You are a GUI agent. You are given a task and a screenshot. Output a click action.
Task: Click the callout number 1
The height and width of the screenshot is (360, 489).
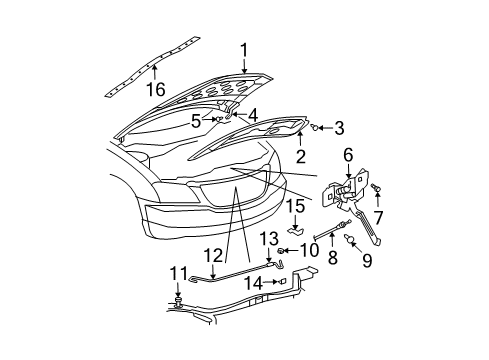point(242,49)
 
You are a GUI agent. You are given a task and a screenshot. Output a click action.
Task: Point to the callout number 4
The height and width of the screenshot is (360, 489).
point(253,115)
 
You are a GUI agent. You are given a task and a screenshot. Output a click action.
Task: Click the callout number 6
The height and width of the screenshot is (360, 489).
point(348,154)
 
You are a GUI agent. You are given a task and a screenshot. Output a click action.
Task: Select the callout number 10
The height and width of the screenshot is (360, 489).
point(309,250)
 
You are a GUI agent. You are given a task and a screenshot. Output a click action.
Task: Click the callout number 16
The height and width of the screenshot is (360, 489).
point(154,91)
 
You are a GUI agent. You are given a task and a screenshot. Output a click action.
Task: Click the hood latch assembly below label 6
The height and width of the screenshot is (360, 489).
point(346,187)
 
